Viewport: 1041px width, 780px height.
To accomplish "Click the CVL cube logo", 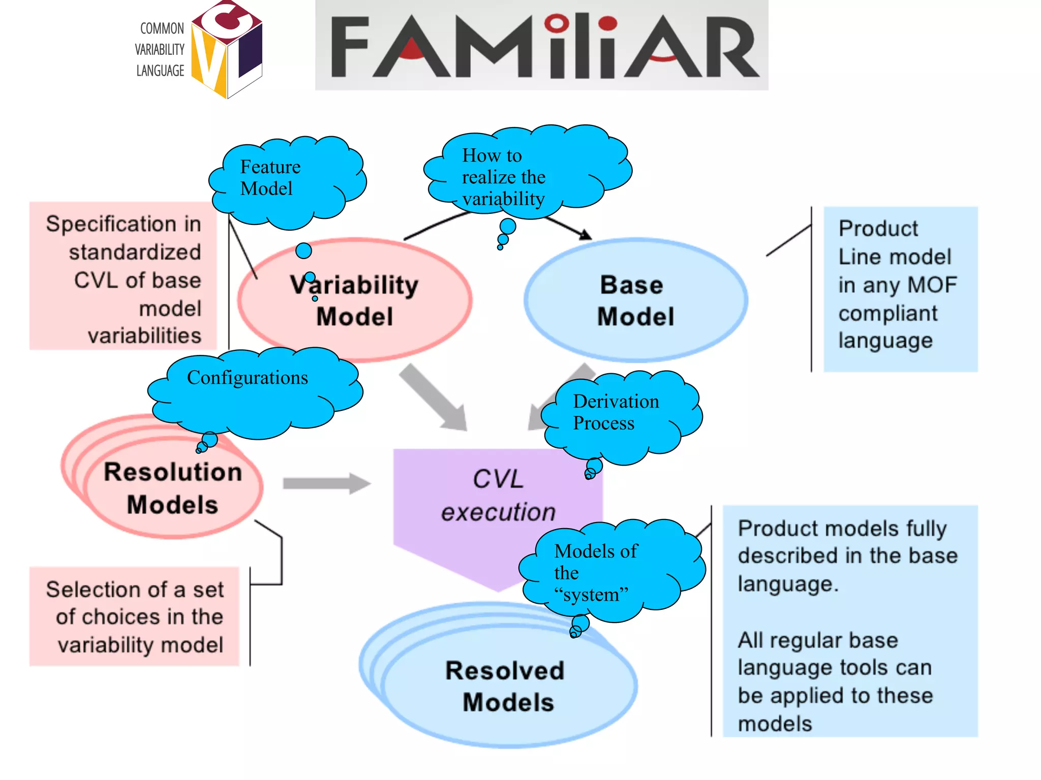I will pos(227,50).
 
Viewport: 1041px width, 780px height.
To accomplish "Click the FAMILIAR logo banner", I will pos(541,46).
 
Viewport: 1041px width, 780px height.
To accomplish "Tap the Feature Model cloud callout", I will pos(287,183).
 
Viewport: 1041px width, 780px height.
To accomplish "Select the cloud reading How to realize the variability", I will pos(529,173).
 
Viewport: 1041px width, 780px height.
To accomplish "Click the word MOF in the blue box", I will pos(932,285).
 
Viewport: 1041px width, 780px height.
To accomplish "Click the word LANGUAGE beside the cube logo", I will pos(160,71).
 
